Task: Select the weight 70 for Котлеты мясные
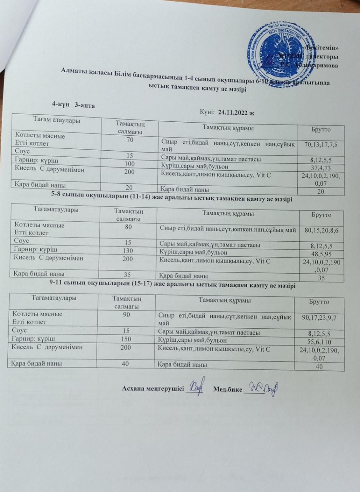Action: pyautogui.click(x=130, y=140)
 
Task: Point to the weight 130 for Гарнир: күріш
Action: pyautogui.click(x=129, y=253)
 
